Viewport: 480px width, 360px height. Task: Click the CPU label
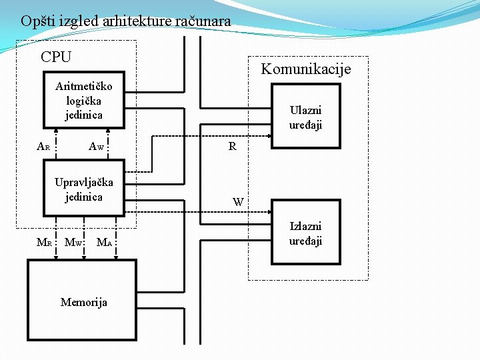56,57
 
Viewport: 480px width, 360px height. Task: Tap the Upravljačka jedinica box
84,189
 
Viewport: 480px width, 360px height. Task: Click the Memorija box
81,301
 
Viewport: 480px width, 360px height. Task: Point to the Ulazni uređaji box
305,117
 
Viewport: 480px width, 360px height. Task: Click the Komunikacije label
305,69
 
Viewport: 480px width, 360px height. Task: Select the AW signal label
96,147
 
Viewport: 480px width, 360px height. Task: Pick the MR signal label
44,243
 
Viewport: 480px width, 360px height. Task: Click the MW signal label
73,243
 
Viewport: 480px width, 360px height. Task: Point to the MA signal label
104,243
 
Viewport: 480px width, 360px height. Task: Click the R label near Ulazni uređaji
232,147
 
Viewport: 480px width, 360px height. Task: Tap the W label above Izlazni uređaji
238,201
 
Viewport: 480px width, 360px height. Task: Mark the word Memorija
84,303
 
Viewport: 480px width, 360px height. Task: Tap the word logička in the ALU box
84,100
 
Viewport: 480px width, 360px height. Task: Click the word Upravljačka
84,182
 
